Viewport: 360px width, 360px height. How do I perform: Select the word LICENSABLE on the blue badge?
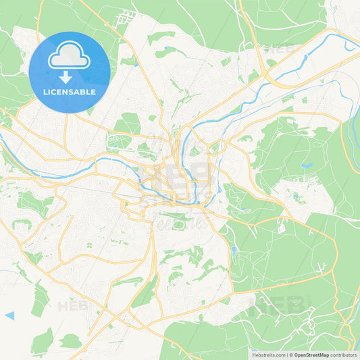click(x=70, y=92)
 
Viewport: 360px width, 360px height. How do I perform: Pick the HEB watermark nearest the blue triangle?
click(x=72, y=306)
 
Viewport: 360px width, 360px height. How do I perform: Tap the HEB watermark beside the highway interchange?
click(x=280, y=49)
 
